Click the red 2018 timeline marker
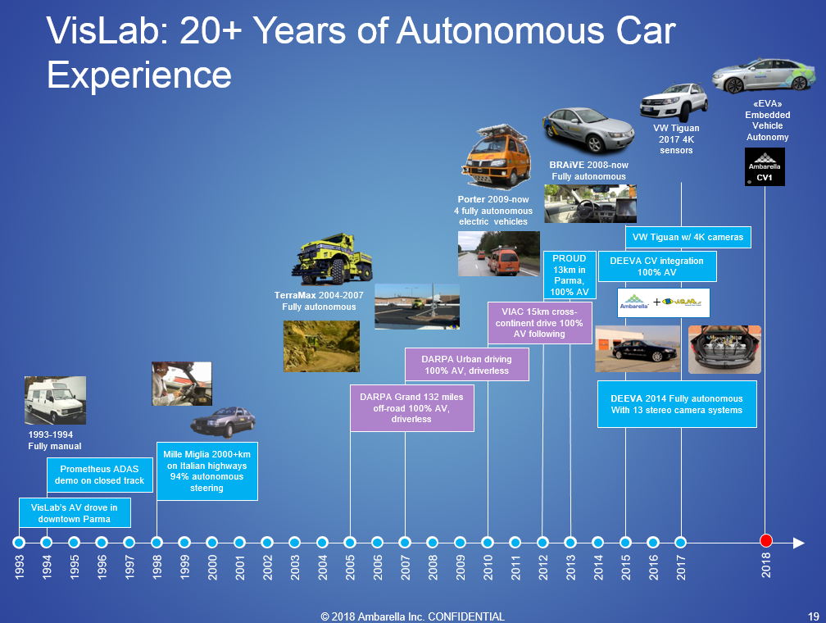[x=766, y=540]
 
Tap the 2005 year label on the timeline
[x=351, y=567]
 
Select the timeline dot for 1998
[x=157, y=543]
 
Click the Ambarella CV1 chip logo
[x=765, y=166]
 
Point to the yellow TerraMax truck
[x=333, y=259]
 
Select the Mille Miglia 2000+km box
[x=207, y=471]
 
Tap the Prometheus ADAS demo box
[x=100, y=475]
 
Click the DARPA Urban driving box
[x=467, y=365]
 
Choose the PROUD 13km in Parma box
[x=570, y=275]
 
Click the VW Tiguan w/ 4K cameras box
[x=688, y=237]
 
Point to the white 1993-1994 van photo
[x=56, y=400]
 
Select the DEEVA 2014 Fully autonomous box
[x=677, y=404]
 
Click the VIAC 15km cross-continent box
[x=539, y=323]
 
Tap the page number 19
[x=814, y=616]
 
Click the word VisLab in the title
[x=102, y=30]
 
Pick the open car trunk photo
[x=725, y=349]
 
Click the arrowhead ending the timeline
[x=799, y=543]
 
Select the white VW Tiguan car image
[x=674, y=102]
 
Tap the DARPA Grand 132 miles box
[x=412, y=408]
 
